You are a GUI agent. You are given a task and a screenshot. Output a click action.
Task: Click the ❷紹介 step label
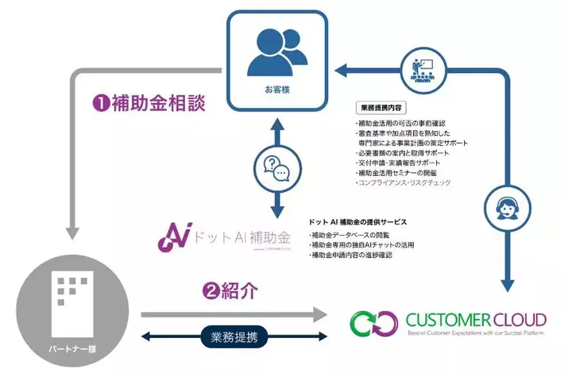tap(231, 290)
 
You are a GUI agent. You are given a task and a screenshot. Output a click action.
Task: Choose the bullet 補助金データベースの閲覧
tap(357, 236)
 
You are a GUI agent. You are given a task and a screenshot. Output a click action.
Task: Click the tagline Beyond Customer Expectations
tap(476, 336)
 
